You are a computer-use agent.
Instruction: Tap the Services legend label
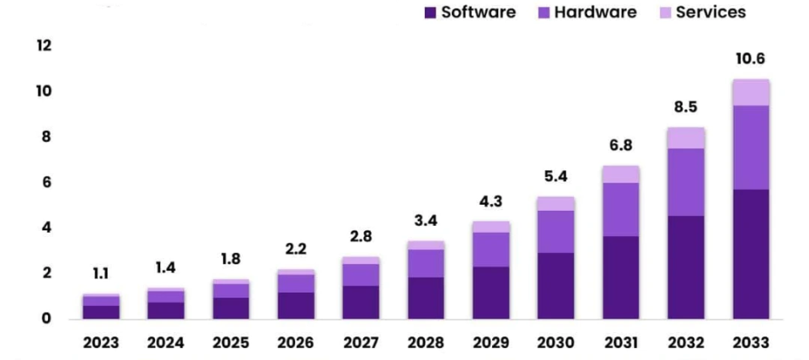(x=710, y=13)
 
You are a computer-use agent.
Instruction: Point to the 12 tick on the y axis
(x=44, y=46)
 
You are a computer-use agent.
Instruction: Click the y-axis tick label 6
(x=46, y=182)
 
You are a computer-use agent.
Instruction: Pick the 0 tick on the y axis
(x=46, y=319)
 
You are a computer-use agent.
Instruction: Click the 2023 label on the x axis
(x=100, y=343)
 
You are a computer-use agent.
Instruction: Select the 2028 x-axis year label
(x=425, y=343)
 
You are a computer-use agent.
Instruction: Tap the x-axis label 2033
(x=750, y=343)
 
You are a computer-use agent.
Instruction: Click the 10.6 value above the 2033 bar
(x=750, y=59)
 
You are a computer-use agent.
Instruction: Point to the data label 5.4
(x=555, y=177)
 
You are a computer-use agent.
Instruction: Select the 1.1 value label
(x=100, y=274)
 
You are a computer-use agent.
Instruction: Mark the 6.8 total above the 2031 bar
(x=620, y=145)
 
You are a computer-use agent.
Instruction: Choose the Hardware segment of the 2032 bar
(x=685, y=182)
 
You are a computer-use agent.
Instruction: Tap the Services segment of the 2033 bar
(x=750, y=93)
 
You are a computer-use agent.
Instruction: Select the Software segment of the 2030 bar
(x=555, y=286)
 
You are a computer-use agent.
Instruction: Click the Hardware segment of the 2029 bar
(x=490, y=250)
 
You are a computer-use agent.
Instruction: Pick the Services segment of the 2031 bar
(x=620, y=175)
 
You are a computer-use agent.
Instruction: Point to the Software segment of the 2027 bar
(x=360, y=302)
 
